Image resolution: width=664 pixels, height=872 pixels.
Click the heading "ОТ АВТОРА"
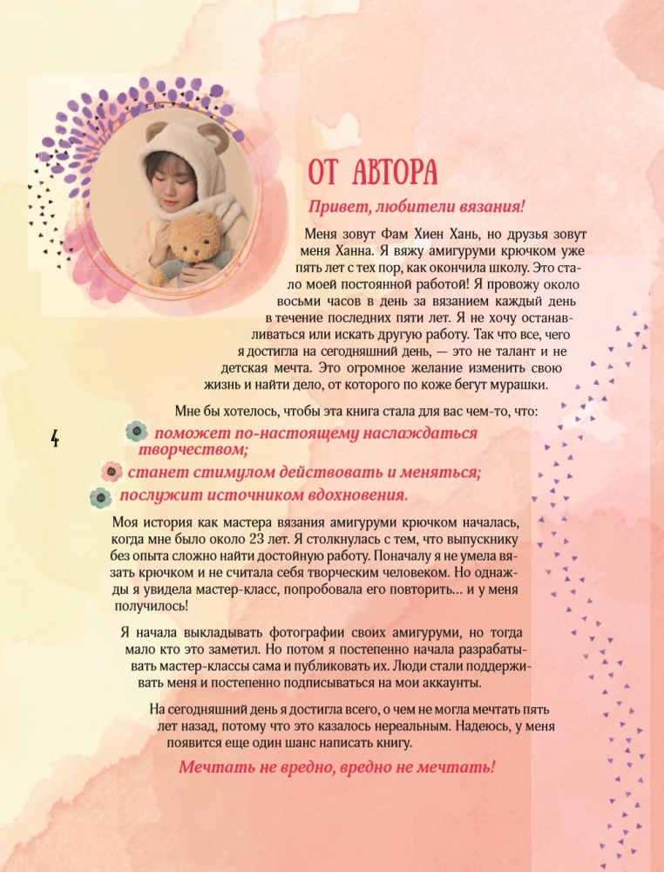372,172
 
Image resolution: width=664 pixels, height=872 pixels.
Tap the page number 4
54,439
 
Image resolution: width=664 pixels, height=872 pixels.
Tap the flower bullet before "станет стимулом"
111,473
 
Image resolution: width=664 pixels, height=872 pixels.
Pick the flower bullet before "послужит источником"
101,497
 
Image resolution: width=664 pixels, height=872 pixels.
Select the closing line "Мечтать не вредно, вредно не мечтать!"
336,768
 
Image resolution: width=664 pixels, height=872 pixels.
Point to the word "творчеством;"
193,450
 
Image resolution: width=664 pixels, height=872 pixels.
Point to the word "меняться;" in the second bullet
440,473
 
